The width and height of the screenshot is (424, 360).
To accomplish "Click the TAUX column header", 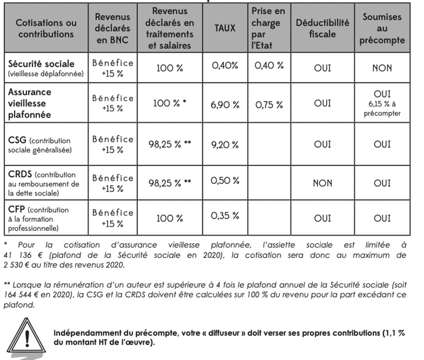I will pyautogui.click(x=225, y=28).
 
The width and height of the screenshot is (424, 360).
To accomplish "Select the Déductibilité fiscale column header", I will pyautogui.click(x=322, y=28).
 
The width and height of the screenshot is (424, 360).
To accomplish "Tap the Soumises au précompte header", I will pyautogui.click(x=382, y=28).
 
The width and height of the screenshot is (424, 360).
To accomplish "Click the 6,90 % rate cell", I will pyautogui.click(x=225, y=105).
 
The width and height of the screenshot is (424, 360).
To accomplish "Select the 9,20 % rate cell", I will pyautogui.click(x=225, y=145).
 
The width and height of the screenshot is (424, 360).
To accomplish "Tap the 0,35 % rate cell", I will pyautogui.click(x=225, y=216).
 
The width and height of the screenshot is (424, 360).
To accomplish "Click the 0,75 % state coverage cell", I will pyautogui.click(x=269, y=105).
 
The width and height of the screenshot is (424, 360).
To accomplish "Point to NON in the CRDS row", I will pyautogui.click(x=322, y=183).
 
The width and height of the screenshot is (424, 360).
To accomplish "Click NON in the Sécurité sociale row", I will pyautogui.click(x=382, y=67).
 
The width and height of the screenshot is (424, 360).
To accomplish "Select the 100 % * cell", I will pyautogui.click(x=170, y=103).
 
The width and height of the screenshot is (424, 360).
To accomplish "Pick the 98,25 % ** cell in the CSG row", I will pyautogui.click(x=170, y=145).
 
